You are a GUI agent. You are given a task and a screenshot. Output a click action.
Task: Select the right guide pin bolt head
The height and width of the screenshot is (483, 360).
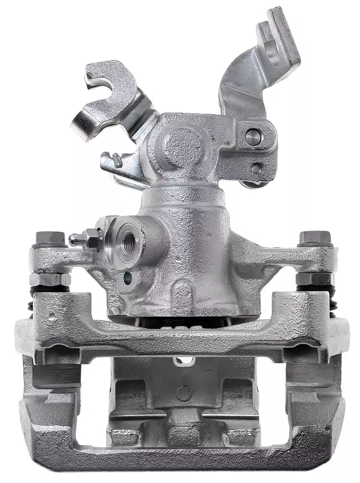(x=313, y=238)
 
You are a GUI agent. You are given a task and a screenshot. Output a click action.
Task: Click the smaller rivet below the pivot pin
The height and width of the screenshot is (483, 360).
(x=256, y=168)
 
